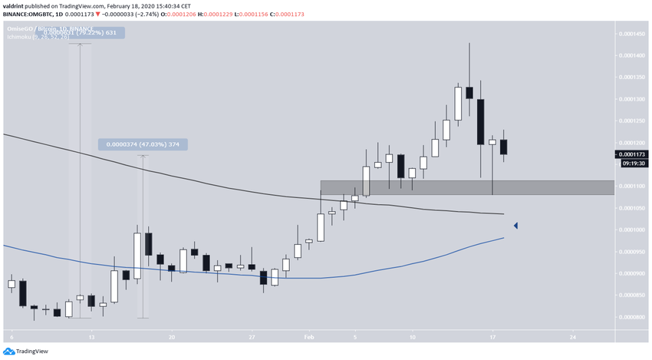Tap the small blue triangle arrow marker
(516, 226)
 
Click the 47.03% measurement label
(143, 144)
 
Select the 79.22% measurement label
(95, 32)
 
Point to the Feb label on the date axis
(308, 337)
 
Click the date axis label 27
(252, 337)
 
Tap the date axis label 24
(573, 337)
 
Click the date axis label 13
(91, 337)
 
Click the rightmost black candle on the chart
(503, 146)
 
